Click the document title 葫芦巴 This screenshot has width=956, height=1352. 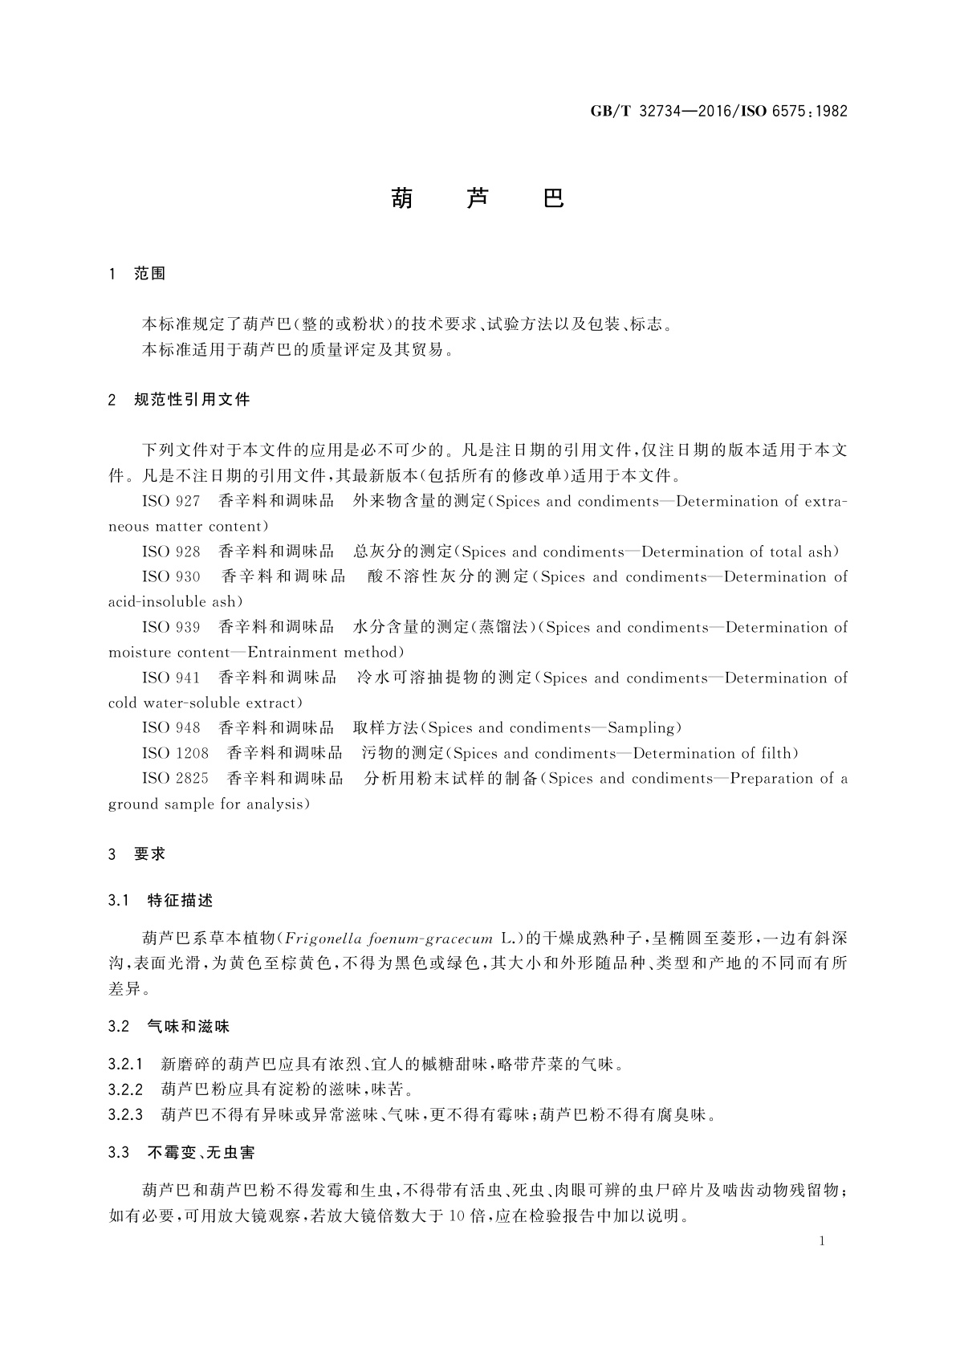pos(478,198)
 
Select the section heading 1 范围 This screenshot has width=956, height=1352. pos(137,274)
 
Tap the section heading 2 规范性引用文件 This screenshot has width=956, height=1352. pos(179,399)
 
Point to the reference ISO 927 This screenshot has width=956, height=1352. pos(171,502)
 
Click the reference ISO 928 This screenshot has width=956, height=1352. pos(171,552)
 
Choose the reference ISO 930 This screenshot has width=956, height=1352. pos(171,577)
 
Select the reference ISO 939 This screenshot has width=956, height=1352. pos(171,628)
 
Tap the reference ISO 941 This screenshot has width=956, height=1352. pos(171,678)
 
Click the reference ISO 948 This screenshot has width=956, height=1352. pos(171,728)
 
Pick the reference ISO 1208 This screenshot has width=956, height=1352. pos(175,754)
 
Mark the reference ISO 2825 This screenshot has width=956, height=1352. pos(175,779)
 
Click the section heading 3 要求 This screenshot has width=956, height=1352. pos(137,854)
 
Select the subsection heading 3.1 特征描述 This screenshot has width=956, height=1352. pos(161,901)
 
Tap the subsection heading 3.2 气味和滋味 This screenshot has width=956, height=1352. pos(169,1027)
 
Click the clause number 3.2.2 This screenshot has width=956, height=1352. pos(125,1089)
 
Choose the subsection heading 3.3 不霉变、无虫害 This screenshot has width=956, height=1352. pos(181,1153)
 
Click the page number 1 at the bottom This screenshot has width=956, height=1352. pos(822,1241)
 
